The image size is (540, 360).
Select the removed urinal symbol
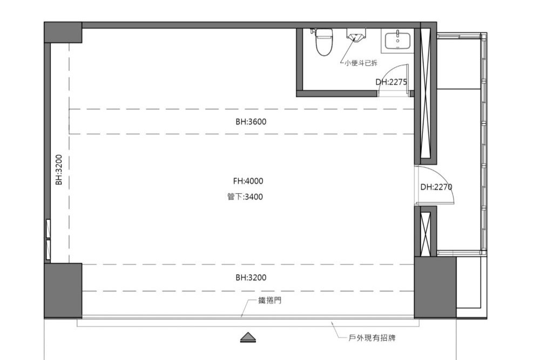pyautogui.click(x=356, y=35)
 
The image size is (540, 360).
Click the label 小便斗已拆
pyautogui.click(x=361, y=63)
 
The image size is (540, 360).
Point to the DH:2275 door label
pyautogui.click(x=391, y=82)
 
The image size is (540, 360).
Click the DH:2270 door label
pyautogui.click(x=436, y=187)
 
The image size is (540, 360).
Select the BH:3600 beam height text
pyautogui.click(x=251, y=121)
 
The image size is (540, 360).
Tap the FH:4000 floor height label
pyautogui.click(x=248, y=181)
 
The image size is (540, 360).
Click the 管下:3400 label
pyautogui.click(x=245, y=196)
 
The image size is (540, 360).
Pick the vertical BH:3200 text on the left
pyautogui.click(x=59, y=169)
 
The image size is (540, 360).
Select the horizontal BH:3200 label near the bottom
pyautogui.click(x=251, y=277)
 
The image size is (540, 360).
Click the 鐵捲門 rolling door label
pyautogui.click(x=270, y=301)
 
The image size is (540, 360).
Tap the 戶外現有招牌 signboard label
pyautogui.click(x=372, y=338)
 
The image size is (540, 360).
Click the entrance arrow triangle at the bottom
pyautogui.click(x=248, y=337)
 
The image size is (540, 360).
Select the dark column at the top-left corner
pyautogui.click(x=63, y=32)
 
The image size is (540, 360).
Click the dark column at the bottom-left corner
pyautogui.click(x=63, y=291)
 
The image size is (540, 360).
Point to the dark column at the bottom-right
pyautogui.click(x=435, y=287)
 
